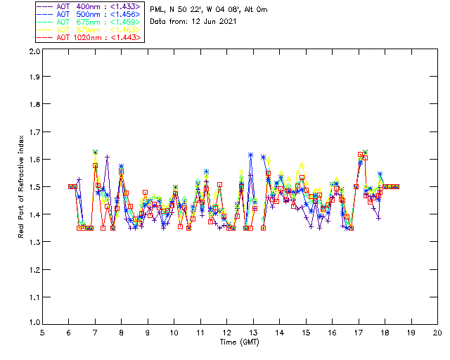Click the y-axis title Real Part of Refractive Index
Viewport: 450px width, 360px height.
(x=22, y=186)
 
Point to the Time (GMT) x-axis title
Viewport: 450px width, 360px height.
(x=240, y=342)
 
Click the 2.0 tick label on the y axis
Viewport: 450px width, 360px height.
(x=33, y=51)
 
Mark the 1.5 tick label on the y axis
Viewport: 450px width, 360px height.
(x=33, y=187)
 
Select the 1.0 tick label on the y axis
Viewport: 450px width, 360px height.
(x=33, y=323)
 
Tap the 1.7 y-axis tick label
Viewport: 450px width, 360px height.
(x=33, y=133)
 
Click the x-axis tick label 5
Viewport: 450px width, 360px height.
(x=42, y=333)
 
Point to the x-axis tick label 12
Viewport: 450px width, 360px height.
(x=226, y=333)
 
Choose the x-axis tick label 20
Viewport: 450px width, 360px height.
(x=437, y=333)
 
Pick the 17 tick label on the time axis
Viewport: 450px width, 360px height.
(x=359, y=333)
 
